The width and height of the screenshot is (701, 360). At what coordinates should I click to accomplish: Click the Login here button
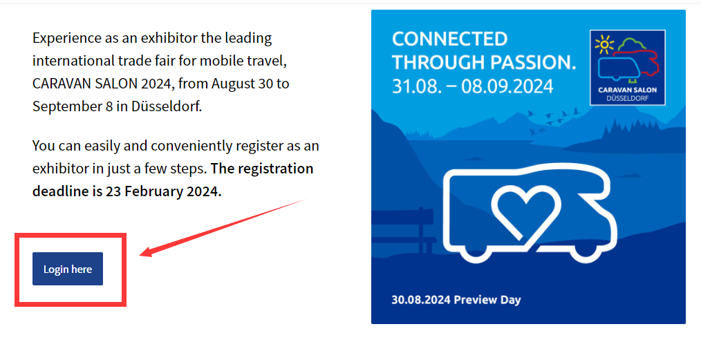(x=68, y=269)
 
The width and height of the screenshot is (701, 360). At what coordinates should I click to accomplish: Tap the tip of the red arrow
(x=140, y=256)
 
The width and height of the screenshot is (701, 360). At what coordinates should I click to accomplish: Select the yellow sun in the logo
(x=604, y=44)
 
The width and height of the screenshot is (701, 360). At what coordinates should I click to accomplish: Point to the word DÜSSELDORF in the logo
(x=627, y=98)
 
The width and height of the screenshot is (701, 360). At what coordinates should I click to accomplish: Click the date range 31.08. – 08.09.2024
(x=473, y=86)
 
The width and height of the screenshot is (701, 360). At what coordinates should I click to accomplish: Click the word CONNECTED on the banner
(x=450, y=39)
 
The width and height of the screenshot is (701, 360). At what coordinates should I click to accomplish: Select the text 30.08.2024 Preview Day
(x=456, y=300)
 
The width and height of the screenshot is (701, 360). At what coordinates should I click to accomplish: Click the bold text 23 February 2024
(x=163, y=191)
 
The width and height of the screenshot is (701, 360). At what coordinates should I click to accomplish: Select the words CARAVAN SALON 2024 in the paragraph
(x=102, y=84)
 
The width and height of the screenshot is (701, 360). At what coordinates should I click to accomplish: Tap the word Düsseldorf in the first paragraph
(x=167, y=106)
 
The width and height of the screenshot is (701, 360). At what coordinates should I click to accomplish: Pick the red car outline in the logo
(x=637, y=62)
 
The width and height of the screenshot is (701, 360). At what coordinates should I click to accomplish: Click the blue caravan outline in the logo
(x=619, y=69)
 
